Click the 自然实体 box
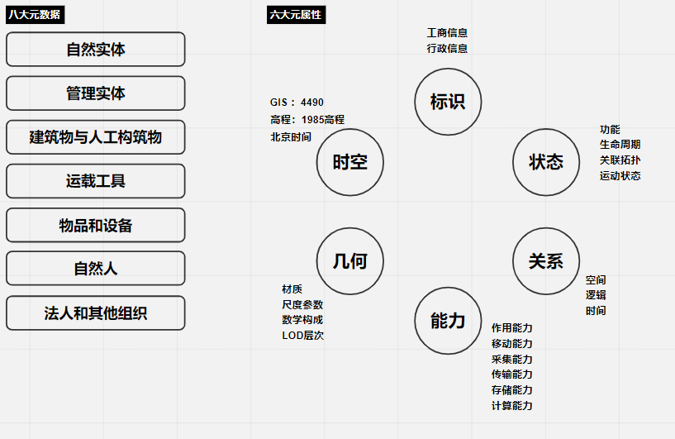click(x=95, y=50)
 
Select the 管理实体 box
click(x=95, y=93)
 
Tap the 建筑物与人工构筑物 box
click(x=95, y=137)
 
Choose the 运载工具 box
click(x=95, y=181)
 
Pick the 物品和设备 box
click(x=95, y=225)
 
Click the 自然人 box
click(x=95, y=269)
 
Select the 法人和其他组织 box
click(x=95, y=313)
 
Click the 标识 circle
click(x=448, y=102)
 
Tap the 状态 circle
click(x=546, y=161)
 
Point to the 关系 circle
click(x=546, y=261)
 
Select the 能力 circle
click(x=448, y=321)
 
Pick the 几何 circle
click(x=349, y=261)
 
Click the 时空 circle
click(x=349, y=162)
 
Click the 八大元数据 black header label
click(x=34, y=15)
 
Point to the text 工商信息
click(x=447, y=33)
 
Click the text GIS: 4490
click(x=297, y=103)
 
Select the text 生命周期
click(x=620, y=145)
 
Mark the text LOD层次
click(x=302, y=335)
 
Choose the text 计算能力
click(x=511, y=405)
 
